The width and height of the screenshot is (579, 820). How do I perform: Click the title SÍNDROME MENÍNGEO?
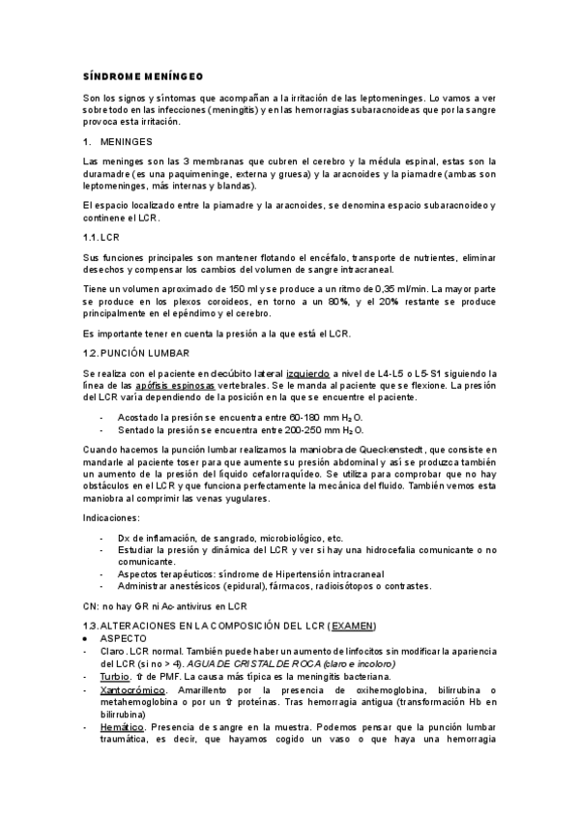click(141, 76)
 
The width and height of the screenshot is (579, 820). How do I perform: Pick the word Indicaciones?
click(110, 519)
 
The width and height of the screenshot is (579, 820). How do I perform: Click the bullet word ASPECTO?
click(123, 639)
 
